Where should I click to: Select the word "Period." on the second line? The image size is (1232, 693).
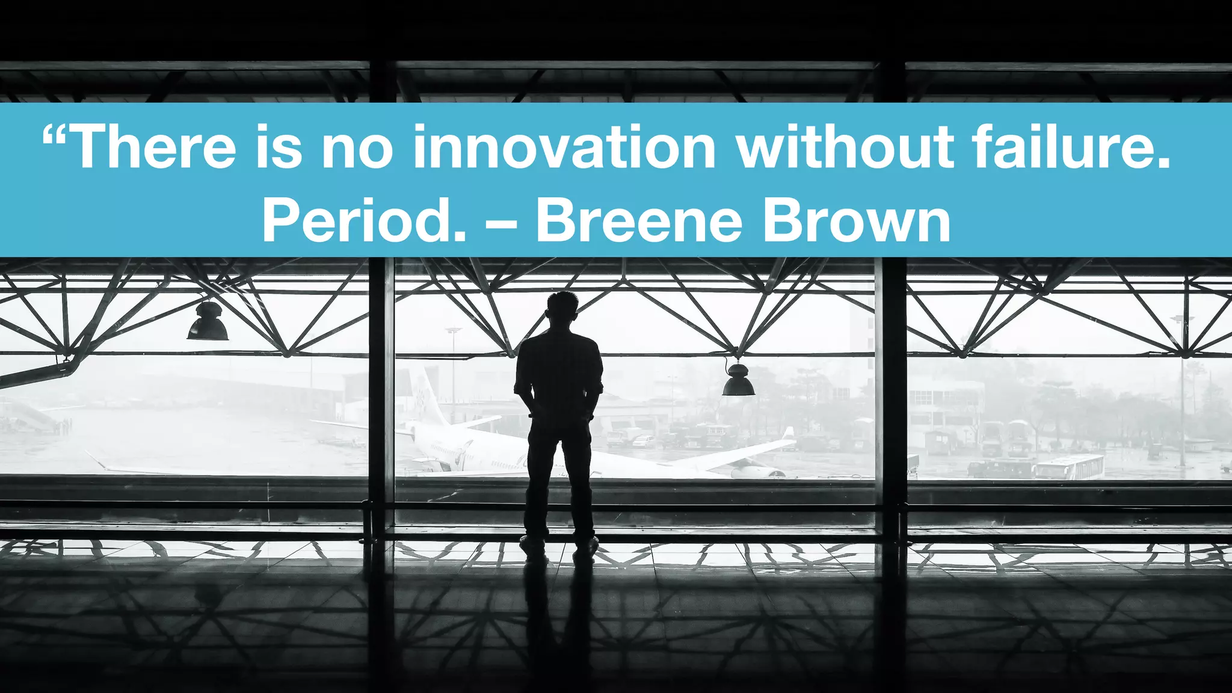tap(364, 221)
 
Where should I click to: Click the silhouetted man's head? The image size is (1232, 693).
tap(562, 309)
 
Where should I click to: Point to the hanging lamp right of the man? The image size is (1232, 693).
tap(738, 380)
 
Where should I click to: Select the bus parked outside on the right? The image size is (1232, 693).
tap(1069, 467)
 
